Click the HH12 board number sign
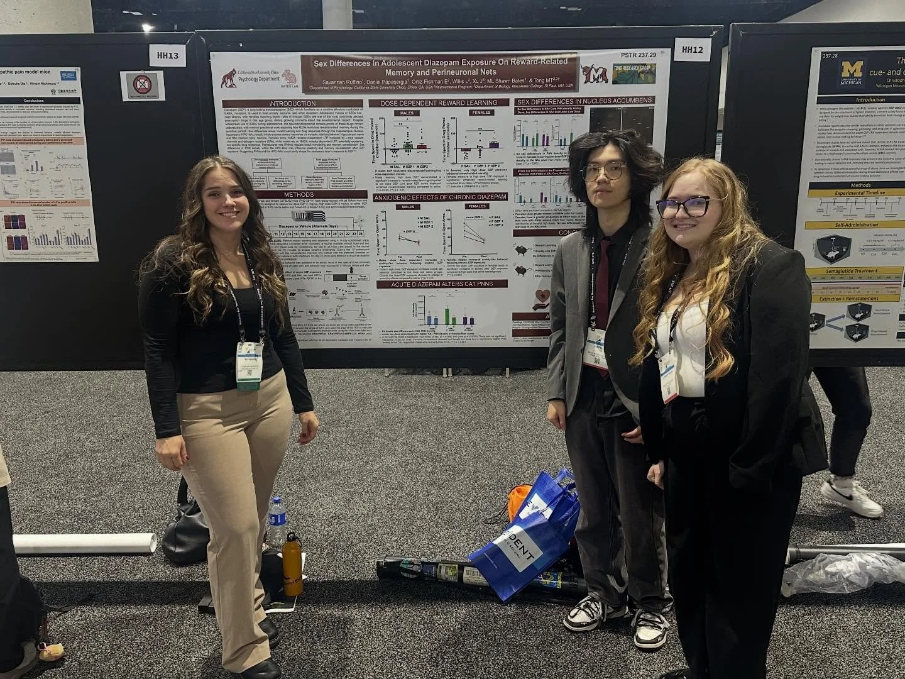(x=692, y=49)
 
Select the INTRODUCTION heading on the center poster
(x=292, y=104)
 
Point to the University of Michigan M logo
(x=853, y=69)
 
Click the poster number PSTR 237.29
(x=639, y=55)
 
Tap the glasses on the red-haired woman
(x=684, y=206)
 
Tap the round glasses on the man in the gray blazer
(x=604, y=170)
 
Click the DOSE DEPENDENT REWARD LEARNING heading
(x=442, y=102)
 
